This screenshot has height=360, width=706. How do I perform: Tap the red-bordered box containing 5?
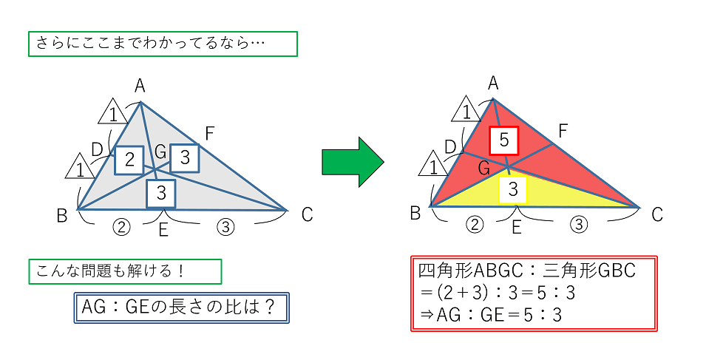(504, 140)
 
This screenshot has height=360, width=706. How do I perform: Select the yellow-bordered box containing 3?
(515, 190)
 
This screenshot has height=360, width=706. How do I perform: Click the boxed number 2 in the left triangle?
(129, 159)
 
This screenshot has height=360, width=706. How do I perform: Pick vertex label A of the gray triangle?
(139, 87)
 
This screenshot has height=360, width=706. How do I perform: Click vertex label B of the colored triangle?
(415, 213)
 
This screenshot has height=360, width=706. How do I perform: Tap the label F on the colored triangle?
(563, 131)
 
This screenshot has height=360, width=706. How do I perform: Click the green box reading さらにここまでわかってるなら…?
(162, 44)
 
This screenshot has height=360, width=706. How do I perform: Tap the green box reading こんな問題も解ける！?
(125, 271)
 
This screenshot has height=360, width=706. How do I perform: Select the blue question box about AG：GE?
(182, 307)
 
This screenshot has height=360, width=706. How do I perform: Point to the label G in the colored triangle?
(484, 167)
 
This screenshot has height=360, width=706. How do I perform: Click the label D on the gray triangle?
(97, 149)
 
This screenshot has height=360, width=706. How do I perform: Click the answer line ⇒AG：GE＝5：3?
(490, 315)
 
